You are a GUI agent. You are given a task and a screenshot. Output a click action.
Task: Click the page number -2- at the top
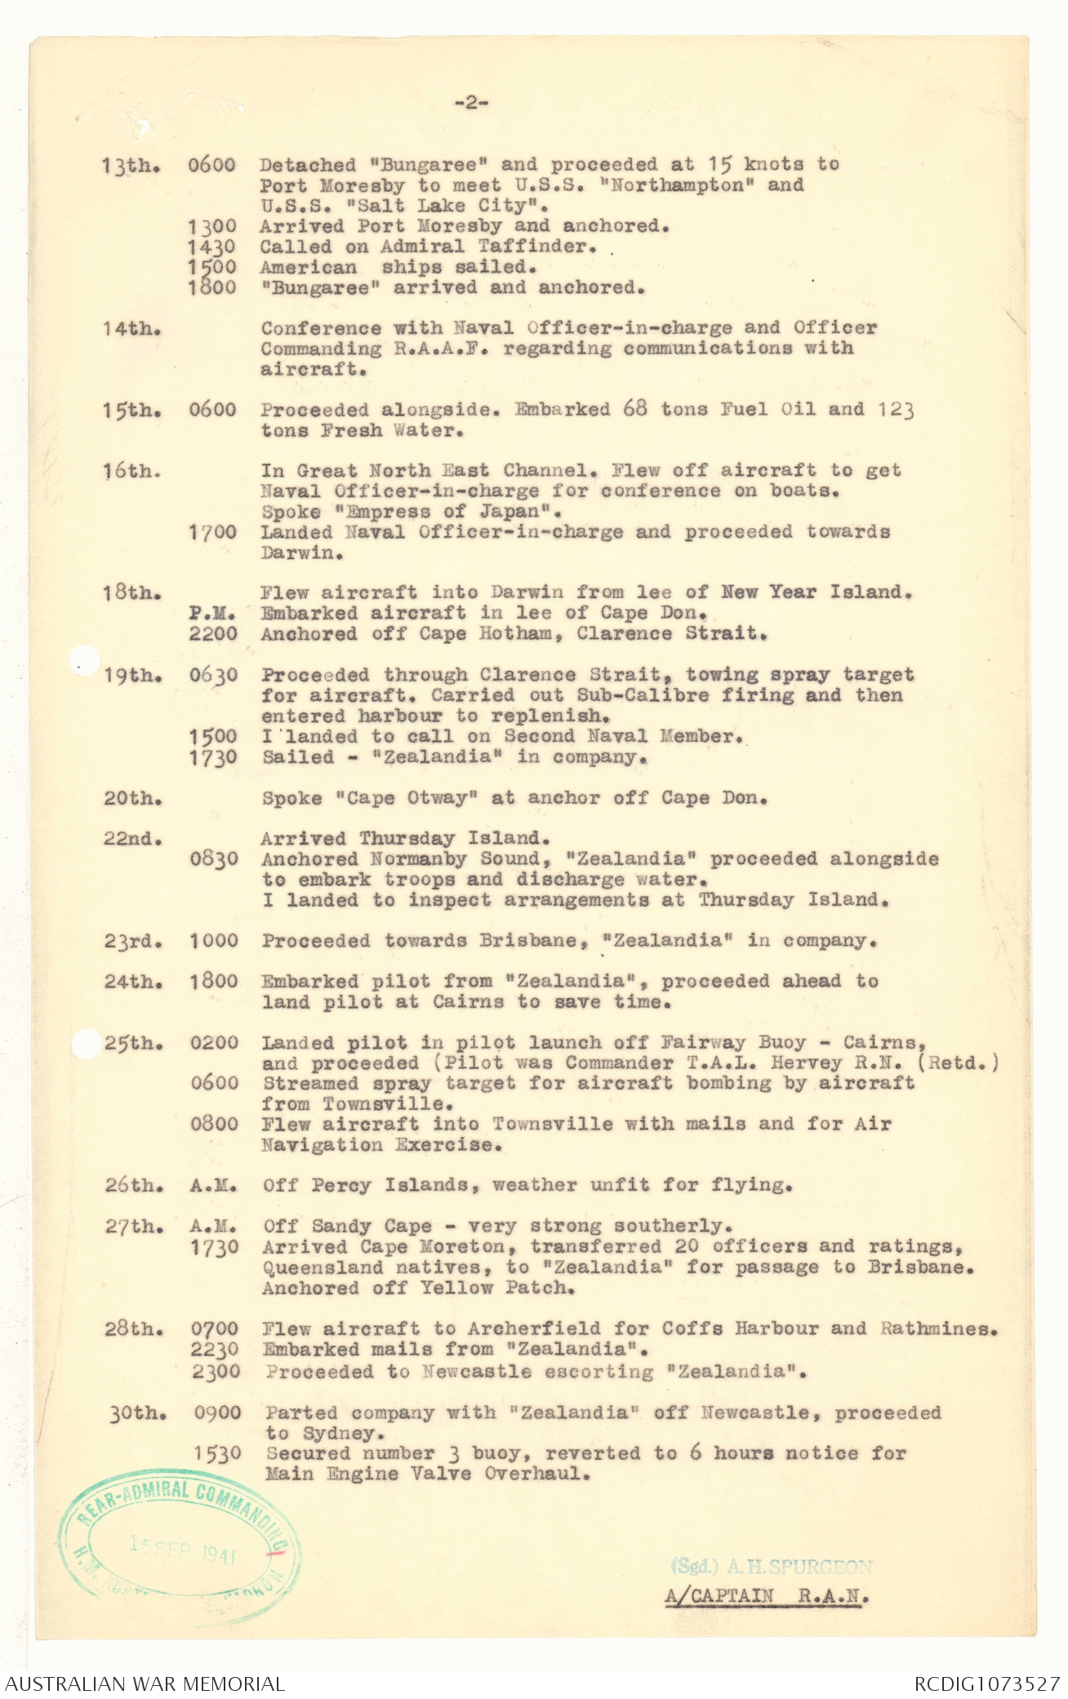471,103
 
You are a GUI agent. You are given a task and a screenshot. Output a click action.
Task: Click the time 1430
211,247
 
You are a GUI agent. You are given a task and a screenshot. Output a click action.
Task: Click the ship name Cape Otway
407,798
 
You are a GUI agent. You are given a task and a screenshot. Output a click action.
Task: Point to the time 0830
214,859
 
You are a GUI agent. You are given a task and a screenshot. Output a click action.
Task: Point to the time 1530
217,1453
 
